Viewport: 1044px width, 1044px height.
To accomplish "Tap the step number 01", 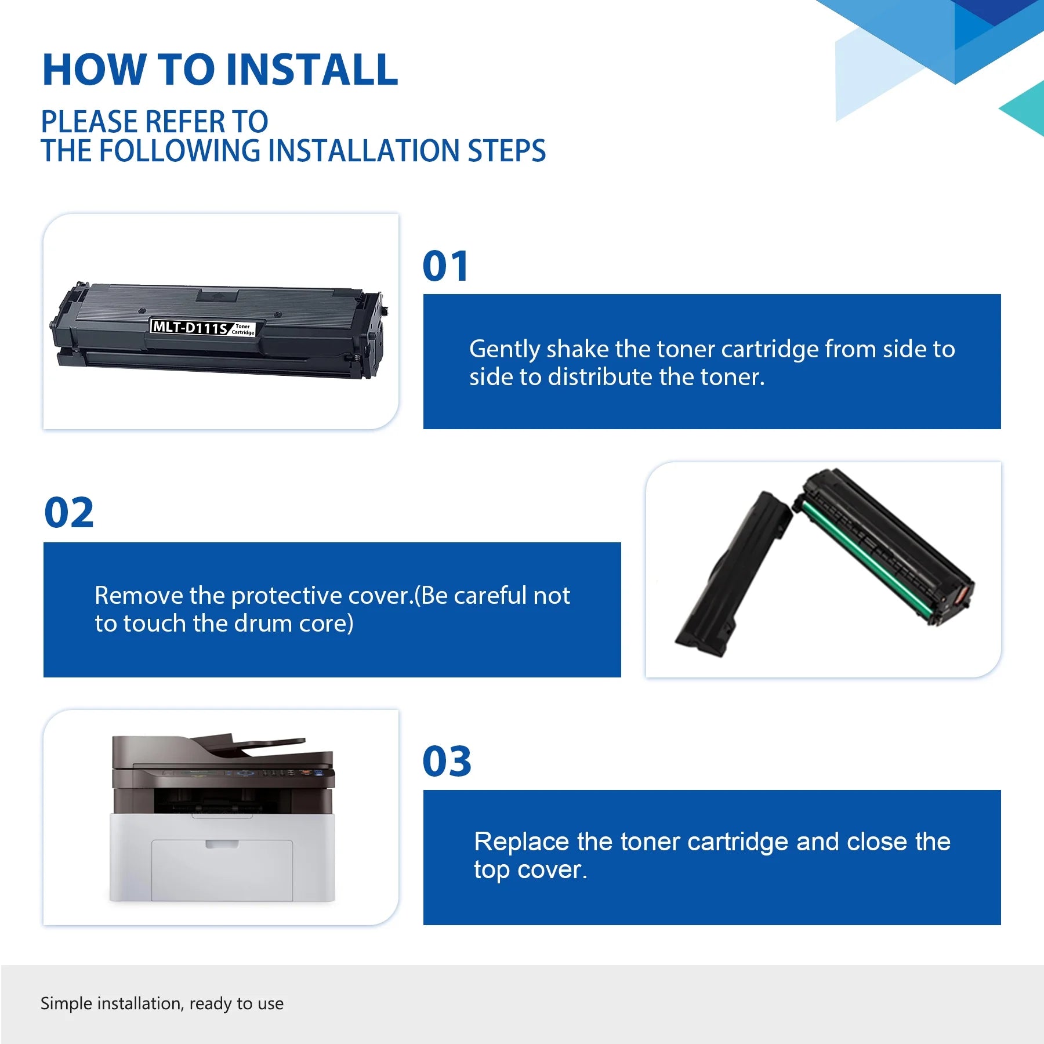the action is [445, 266].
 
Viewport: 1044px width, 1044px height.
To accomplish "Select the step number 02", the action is [68, 513].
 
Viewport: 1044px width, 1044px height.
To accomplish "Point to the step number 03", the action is [447, 761].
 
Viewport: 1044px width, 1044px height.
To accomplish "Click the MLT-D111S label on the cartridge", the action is [190, 327].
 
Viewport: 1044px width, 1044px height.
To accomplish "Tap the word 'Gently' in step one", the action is [505, 350].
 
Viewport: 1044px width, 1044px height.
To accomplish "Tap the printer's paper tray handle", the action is [222, 844].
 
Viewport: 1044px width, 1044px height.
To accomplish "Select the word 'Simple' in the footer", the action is [67, 1004].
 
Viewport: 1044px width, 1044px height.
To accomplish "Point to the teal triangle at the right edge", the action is [1024, 108].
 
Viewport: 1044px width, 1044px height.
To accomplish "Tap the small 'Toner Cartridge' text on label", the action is [243, 329].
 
